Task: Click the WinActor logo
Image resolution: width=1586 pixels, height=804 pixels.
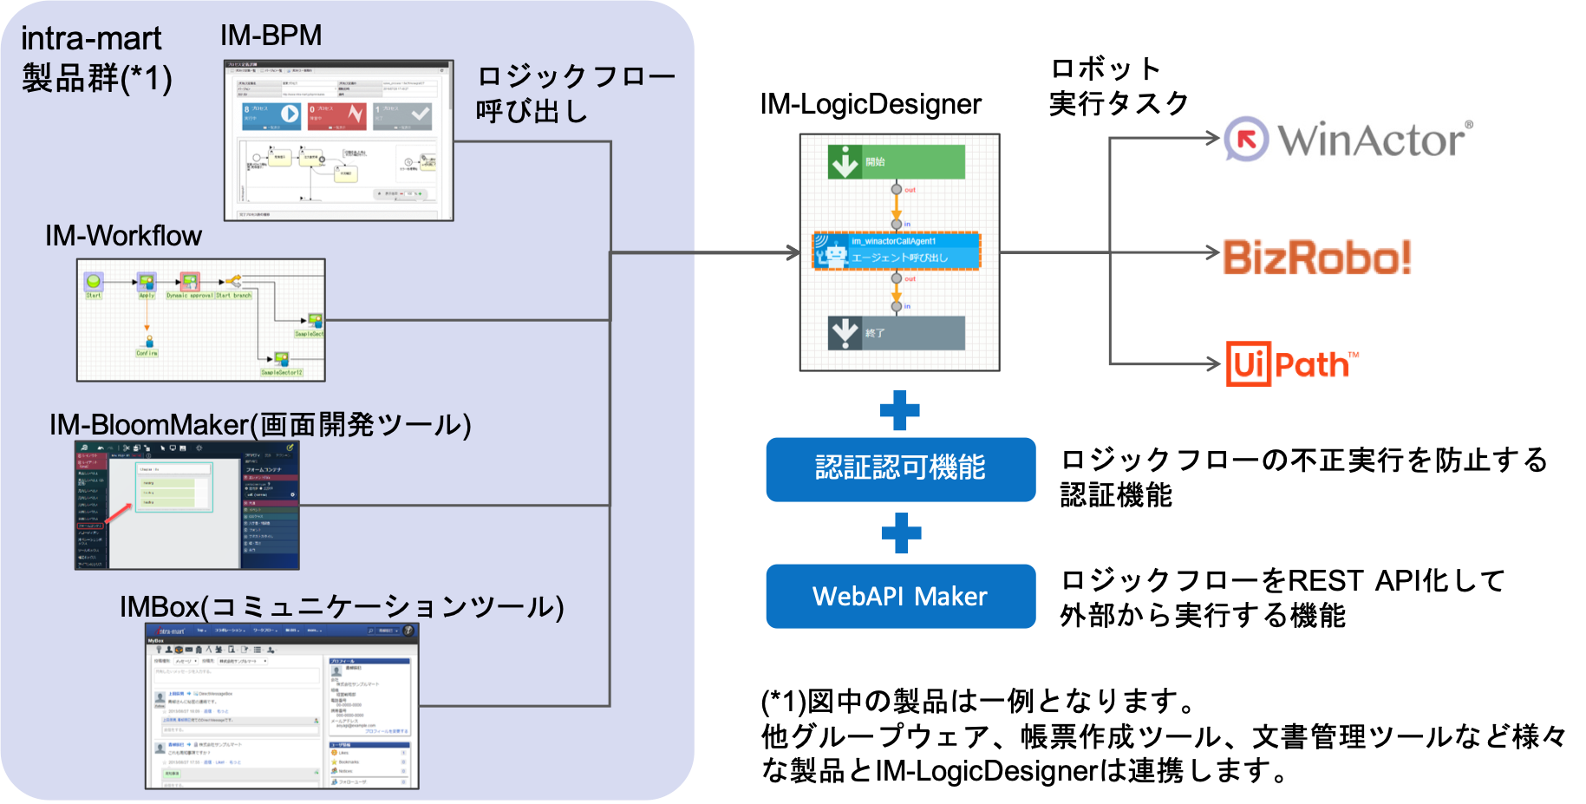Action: pos(1347,138)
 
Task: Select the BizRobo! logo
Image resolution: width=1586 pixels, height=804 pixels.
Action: pos(1318,252)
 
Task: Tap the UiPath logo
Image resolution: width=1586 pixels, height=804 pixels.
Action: pos(1297,364)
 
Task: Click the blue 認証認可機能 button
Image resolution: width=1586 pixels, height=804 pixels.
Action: pos(900,469)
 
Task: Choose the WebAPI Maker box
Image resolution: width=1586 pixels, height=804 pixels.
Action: pos(900,597)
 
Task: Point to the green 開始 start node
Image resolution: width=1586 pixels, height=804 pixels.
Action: pos(896,162)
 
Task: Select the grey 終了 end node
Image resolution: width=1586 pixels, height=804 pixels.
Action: pos(896,333)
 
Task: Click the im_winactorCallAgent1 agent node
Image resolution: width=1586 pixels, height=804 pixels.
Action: pos(896,251)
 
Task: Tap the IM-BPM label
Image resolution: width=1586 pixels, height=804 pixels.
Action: pos(271,36)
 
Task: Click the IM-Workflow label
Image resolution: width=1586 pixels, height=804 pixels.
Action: pos(123,236)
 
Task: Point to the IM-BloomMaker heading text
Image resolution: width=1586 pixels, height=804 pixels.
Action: pos(260,425)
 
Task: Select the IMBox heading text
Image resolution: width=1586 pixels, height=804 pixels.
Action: pos(342,606)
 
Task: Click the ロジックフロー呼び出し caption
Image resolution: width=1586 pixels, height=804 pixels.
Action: pos(575,94)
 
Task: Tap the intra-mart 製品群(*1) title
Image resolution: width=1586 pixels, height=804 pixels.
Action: pos(95,59)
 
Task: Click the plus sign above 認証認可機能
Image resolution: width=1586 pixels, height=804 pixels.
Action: pos(900,410)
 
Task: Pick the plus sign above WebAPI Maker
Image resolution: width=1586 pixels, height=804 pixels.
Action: pos(901,533)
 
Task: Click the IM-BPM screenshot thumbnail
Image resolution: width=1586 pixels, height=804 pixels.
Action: pos(338,141)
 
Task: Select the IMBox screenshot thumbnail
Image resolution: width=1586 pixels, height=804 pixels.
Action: pos(282,706)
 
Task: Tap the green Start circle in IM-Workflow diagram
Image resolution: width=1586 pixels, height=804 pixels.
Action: pos(94,281)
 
